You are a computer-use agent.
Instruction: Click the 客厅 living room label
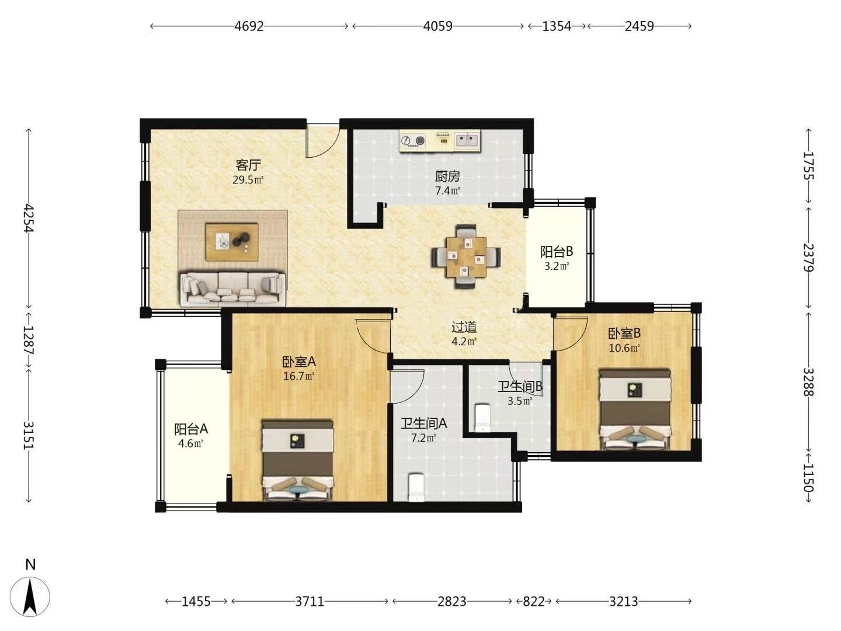[x=248, y=165]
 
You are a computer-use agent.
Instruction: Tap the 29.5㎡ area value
[x=248, y=180]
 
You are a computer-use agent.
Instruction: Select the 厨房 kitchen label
[x=447, y=176]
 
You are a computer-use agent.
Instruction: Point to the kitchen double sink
[x=467, y=141]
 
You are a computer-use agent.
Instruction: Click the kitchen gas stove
[x=413, y=141]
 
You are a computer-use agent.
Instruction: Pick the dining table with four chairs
[x=465, y=256]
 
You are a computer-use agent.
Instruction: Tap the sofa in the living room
[x=232, y=289]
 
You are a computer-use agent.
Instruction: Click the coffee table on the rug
[x=232, y=242]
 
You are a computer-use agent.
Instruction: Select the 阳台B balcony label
[x=557, y=252]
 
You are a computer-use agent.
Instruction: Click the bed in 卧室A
[x=297, y=460]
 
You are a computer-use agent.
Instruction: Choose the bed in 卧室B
[x=635, y=410]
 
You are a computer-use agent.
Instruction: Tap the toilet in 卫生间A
[x=416, y=488]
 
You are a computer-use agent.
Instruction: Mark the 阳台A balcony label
[x=191, y=429]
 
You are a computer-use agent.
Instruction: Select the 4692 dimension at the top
[x=249, y=26]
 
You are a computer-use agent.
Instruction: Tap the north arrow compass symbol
[x=30, y=597]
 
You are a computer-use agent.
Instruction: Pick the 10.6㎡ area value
[x=624, y=348]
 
